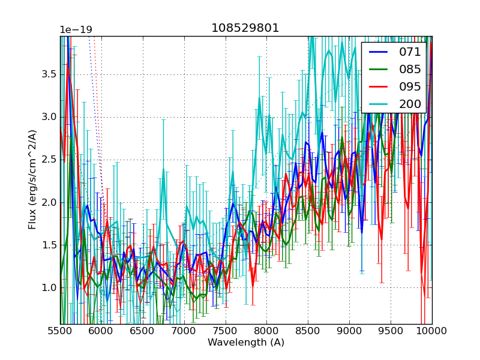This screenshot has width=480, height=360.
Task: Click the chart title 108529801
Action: (245, 28)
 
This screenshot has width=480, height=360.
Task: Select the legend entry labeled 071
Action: (410, 52)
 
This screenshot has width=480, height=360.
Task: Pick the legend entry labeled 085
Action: (410, 69)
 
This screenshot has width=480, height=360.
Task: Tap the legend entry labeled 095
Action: (410, 86)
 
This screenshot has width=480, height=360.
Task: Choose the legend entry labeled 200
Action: (410, 104)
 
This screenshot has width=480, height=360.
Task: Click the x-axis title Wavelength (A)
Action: (246, 343)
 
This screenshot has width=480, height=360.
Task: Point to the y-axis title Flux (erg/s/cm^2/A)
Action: (32, 179)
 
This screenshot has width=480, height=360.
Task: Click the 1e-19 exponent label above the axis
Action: (76, 30)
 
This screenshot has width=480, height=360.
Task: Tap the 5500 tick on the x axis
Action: (60, 331)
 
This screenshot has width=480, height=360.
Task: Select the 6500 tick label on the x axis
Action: (143, 331)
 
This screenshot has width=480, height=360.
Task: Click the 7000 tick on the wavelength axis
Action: (184, 331)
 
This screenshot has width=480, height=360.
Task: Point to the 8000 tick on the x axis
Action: (267, 331)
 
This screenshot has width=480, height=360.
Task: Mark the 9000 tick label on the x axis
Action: (350, 331)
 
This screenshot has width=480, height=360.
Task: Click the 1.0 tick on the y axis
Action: (48, 287)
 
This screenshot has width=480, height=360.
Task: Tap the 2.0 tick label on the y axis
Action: (48, 202)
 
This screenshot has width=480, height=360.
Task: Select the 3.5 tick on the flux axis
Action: (48, 74)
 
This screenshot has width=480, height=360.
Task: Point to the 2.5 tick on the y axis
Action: (48, 160)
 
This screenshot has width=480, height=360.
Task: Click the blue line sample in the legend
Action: (378, 52)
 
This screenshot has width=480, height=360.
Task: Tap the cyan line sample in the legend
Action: (378, 104)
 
